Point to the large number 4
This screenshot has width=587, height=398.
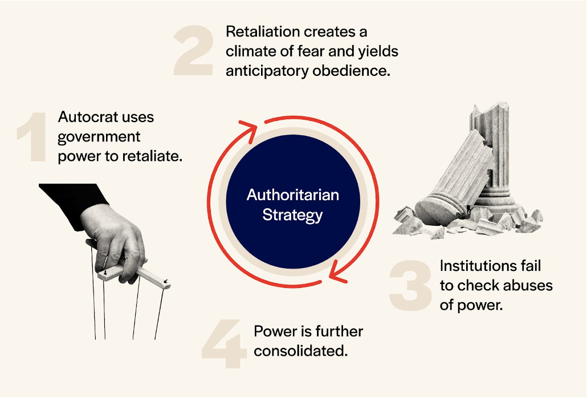pyautogui.click(x=224, y=345)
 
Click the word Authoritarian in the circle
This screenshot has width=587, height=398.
pyautogui.click(x=292, y=195)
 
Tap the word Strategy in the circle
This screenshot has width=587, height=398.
pyautogui.click(x=292, y=215)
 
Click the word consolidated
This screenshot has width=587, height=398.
pyautogui.click(x=300, y=351)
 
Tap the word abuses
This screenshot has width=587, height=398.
pyautogui.click(x=525, y=285)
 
